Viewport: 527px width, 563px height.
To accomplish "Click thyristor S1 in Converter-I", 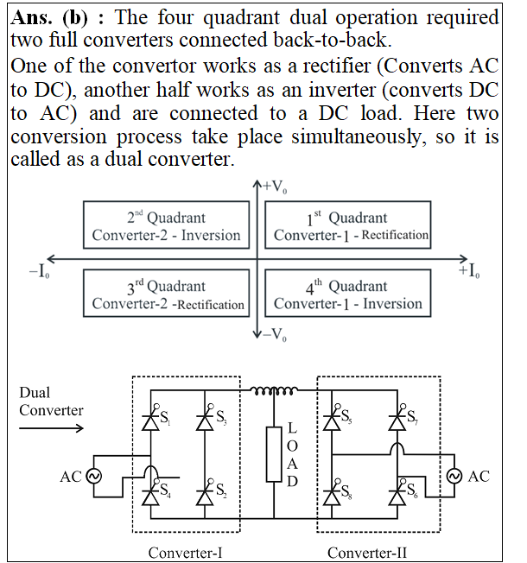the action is coord(151,421).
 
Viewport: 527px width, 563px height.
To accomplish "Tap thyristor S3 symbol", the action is coord(205,421).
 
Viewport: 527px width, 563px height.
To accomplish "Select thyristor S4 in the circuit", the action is coord(151,496).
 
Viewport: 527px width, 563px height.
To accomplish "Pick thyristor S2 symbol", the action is coord(205,496).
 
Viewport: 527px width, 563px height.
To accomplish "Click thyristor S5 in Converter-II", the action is coord(332,421).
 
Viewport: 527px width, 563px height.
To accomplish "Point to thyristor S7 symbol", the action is coord(397,421).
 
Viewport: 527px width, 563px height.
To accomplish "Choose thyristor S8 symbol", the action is coord(332,496).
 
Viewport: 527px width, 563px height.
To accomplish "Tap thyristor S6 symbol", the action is coord(397,496).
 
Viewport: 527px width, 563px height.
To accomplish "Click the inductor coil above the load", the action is coord(274,390).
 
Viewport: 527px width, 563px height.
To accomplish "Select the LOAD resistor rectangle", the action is coord(274,454).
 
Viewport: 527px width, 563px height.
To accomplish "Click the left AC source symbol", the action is coord(94,477).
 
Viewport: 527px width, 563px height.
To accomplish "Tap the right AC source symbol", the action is coord(454,476).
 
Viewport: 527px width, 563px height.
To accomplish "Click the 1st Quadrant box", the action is coord(348,225).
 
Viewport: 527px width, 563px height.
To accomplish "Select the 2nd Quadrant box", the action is coord(167,225).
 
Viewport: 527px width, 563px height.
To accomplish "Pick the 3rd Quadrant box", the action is coord(167,294).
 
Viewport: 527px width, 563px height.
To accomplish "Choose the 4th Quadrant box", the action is coord(348,294).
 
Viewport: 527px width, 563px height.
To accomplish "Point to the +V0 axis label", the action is coord(275,187).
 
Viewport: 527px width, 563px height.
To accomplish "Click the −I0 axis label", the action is coord(39,271).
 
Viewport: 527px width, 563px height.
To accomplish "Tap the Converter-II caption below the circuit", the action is coord(367,553).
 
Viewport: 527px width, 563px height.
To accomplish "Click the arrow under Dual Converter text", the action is coord(51,428).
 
